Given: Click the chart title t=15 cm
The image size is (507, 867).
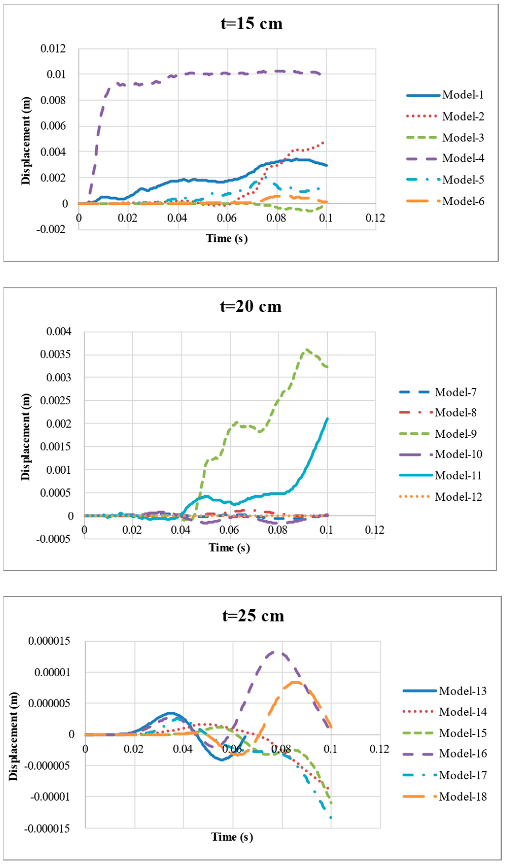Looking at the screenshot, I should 251,23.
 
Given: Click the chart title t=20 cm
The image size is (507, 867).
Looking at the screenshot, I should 251,306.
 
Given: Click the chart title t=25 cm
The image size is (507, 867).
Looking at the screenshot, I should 253,616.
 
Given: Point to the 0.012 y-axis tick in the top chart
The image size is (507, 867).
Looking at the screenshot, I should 53,48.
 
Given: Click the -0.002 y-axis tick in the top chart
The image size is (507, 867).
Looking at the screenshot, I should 51,229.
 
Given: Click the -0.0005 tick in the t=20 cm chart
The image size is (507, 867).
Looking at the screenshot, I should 53,539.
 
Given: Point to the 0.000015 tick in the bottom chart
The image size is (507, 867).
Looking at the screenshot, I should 49,641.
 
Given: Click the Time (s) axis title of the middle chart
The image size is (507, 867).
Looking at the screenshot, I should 229,547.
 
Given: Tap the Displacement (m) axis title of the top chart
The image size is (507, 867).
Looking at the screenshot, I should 26,141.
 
